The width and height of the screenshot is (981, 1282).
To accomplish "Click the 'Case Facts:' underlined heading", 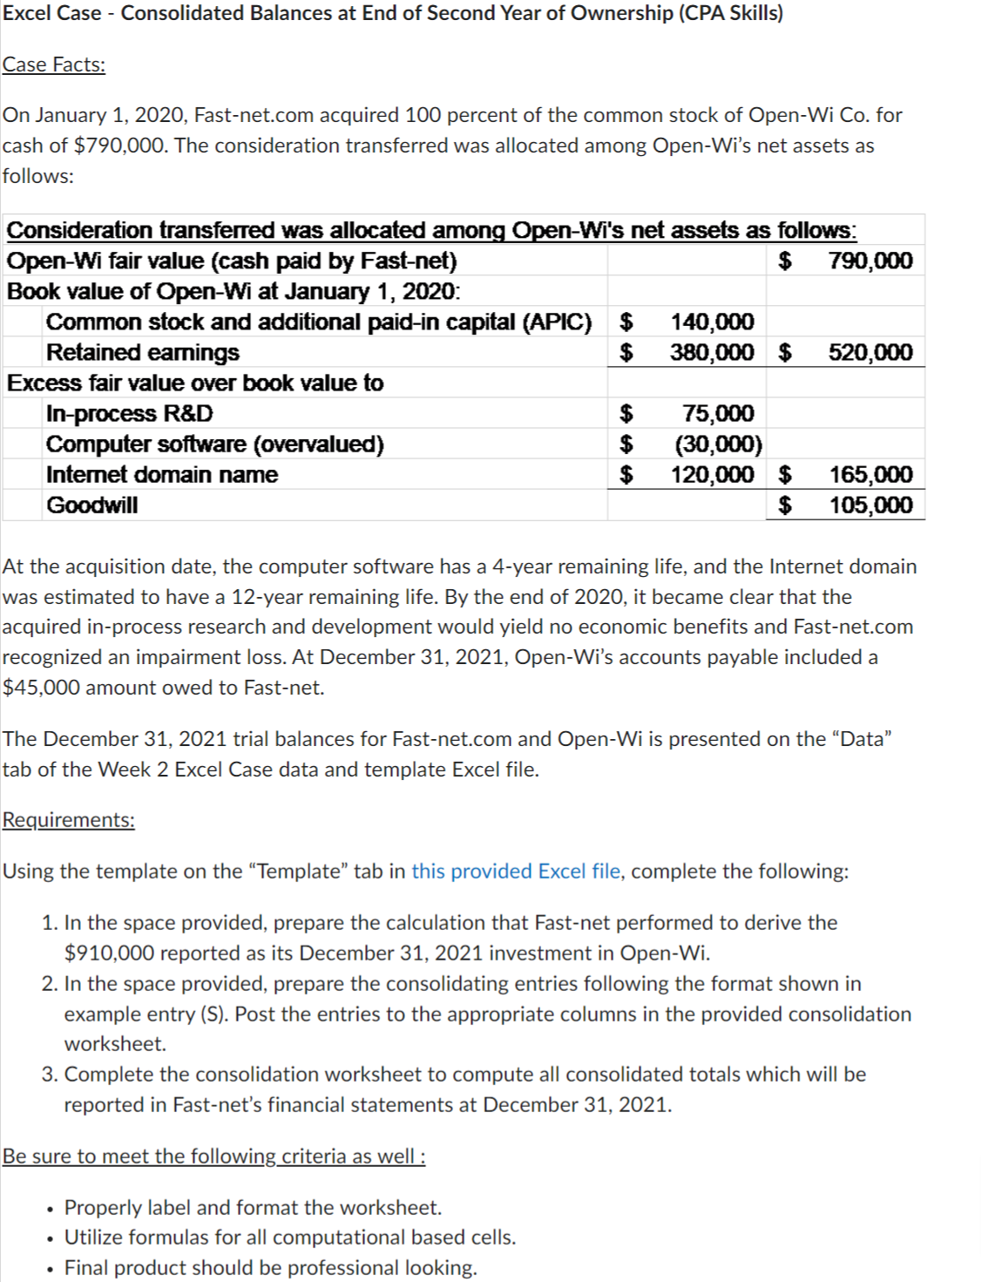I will coord(54,64).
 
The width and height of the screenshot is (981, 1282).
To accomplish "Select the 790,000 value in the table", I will coord(870,261).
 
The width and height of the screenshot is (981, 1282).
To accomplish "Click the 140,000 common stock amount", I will coord(712,322).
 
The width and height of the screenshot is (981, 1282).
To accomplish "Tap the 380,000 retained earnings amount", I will coord(712,352).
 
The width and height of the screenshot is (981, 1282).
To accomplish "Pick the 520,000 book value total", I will coord(870,352).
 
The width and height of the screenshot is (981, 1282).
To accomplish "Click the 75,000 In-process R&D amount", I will coord(718,413).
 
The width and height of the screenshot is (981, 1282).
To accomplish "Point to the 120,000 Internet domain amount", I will coord(712,474).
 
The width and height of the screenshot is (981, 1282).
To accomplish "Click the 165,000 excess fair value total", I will coord(870,474).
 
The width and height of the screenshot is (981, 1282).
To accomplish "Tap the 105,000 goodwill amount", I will coord(870,505).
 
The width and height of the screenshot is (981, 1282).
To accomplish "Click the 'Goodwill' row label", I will coord(92,505).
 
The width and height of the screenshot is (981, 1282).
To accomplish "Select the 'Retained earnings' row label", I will coord(143,352).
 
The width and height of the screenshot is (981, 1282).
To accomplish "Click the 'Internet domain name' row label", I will coord(162,474).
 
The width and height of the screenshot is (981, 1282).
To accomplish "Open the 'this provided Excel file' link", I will coord(517,871).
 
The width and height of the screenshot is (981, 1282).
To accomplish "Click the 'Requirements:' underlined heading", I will coord(69,820).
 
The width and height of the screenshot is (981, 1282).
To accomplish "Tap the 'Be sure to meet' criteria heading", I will coord(213,1156).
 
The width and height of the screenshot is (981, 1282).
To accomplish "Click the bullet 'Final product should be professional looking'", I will coord(270,1267).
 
